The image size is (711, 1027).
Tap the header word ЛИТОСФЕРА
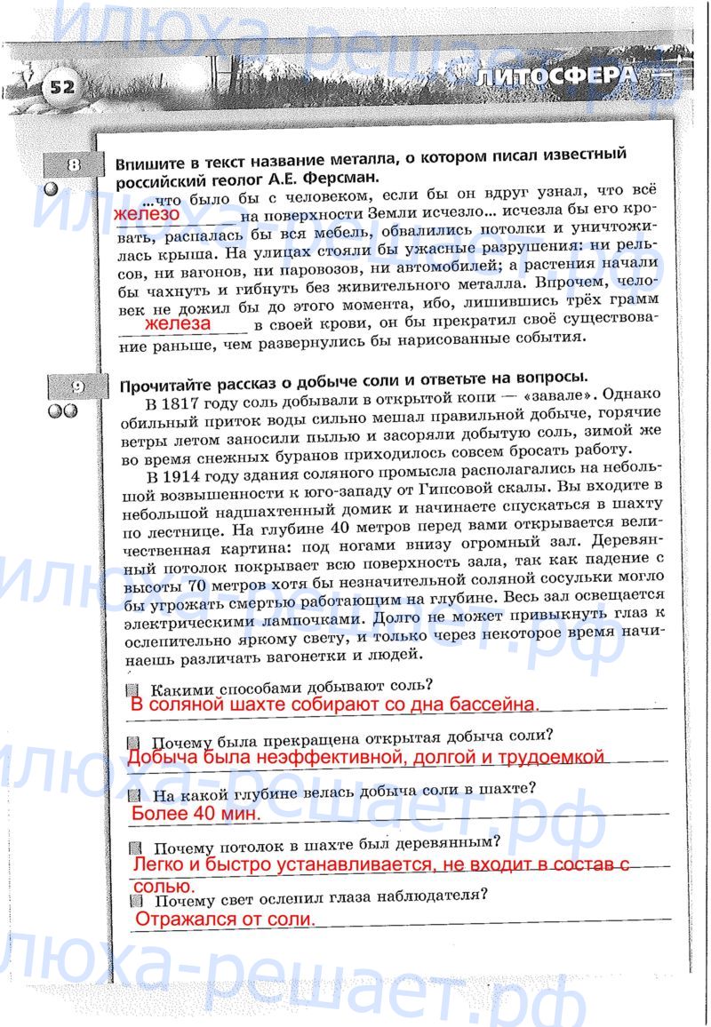(x=556, y=77)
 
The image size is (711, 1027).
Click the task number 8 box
(x=74, y=165)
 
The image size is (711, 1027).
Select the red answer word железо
(x=147, y=214)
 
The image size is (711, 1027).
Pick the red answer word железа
(x=178, y=324)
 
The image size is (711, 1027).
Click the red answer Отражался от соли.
(x=225, y=920)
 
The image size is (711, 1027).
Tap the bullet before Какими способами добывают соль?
(x=132, y=689)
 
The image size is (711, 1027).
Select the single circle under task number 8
(x=51, y=189)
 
